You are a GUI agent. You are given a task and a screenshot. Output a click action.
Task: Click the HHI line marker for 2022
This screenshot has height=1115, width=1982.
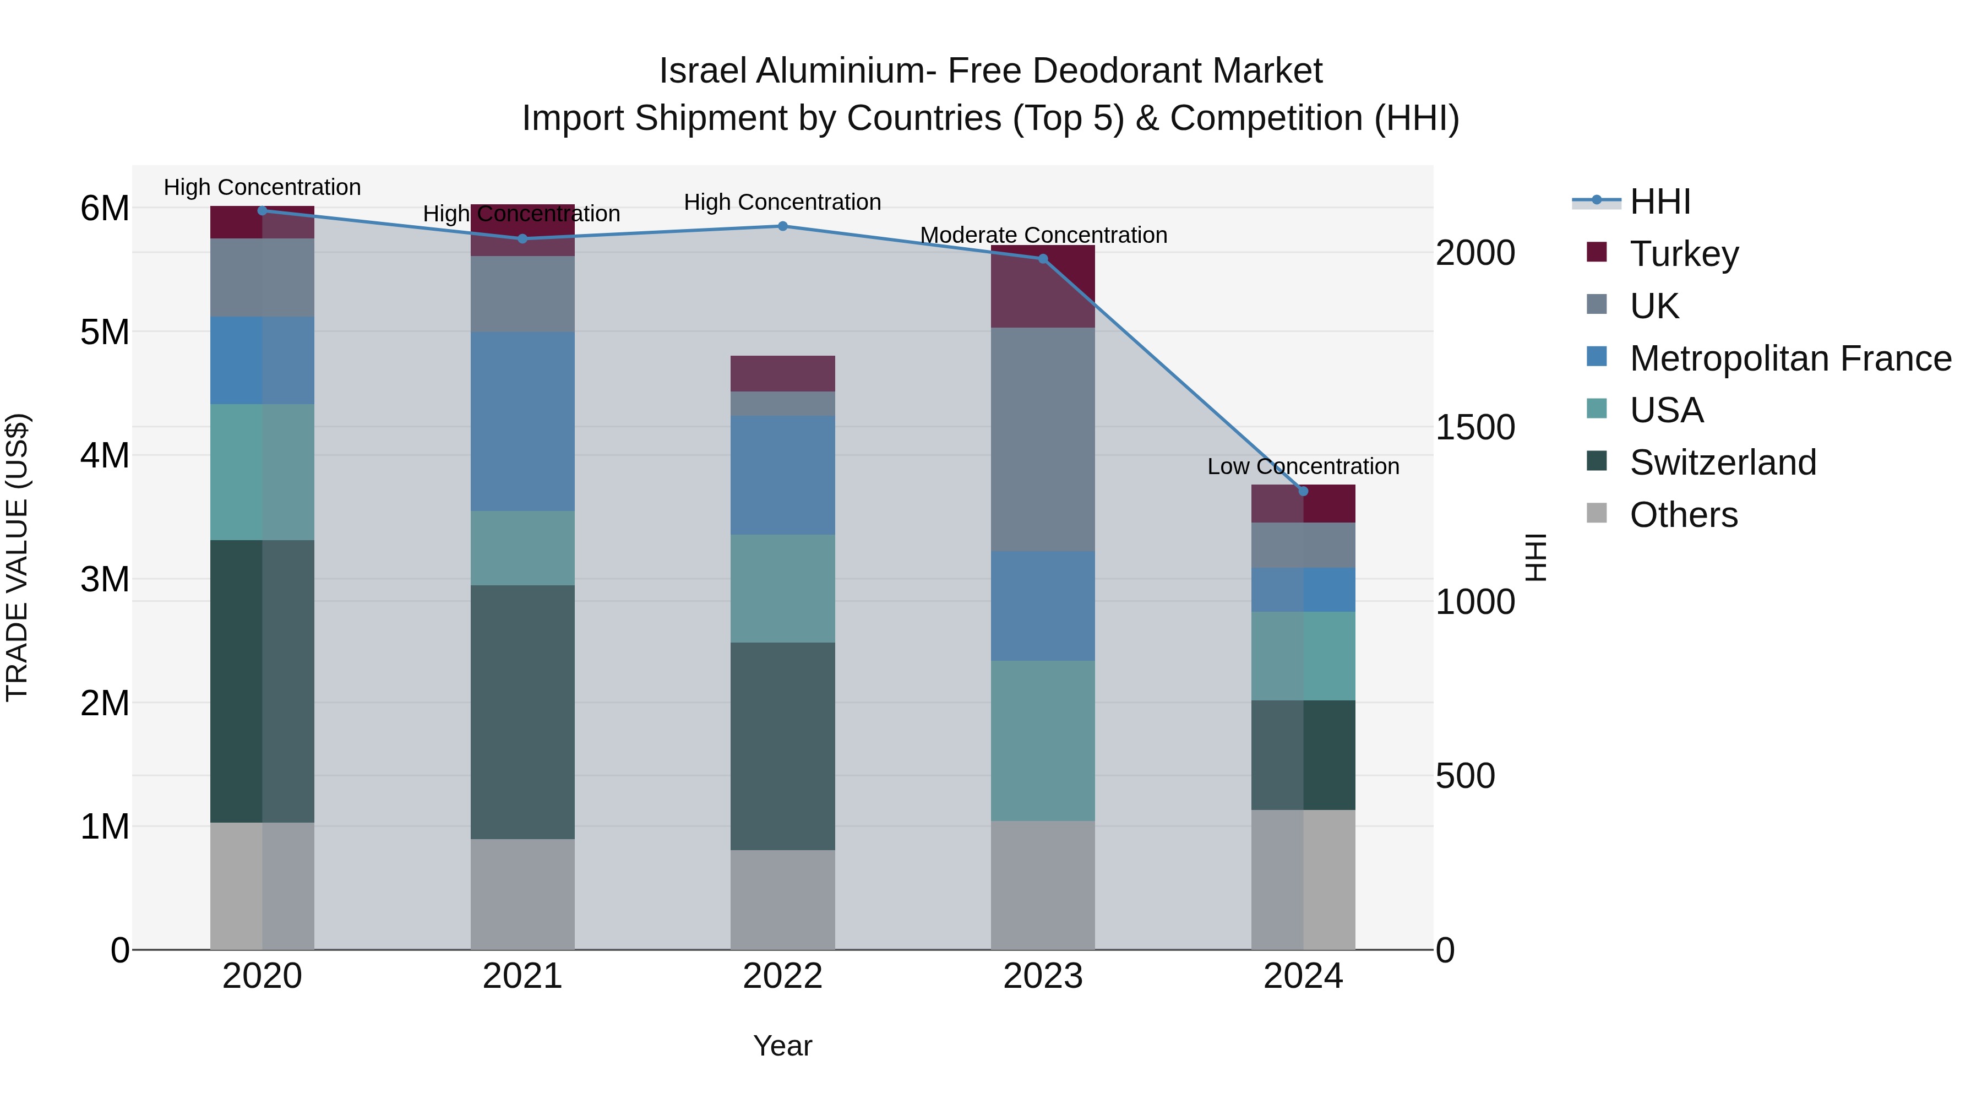782,226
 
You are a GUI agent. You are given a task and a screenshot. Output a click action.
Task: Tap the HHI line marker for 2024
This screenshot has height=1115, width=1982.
1303,492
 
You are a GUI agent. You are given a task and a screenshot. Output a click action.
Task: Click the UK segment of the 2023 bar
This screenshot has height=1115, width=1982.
1043,439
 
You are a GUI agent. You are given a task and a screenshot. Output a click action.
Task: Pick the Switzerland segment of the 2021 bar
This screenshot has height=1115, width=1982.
522,712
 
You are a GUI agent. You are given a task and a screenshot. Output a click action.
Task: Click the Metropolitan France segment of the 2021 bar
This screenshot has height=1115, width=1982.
522,422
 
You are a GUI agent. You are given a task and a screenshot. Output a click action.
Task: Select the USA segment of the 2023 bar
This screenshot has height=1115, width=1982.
1043,740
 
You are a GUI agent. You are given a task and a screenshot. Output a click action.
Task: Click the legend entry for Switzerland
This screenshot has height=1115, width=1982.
1722,463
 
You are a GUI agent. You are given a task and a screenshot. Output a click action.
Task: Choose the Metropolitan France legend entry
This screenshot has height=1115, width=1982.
1790,358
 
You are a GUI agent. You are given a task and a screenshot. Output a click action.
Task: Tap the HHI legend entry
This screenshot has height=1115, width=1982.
1659,202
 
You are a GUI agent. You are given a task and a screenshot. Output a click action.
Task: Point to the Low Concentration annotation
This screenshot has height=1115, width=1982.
1303,466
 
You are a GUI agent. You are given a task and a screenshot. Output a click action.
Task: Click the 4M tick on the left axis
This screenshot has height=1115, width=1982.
105,455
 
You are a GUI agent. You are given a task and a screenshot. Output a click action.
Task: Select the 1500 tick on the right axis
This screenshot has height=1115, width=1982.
1475,427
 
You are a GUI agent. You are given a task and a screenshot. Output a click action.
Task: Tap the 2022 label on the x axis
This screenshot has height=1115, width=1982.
782,976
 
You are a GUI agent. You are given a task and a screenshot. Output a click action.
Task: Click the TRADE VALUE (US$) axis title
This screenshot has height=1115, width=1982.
17,557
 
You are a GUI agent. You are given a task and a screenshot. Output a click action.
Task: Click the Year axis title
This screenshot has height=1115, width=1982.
782,1046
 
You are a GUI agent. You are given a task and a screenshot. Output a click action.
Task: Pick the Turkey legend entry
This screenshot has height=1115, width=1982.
1684,254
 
